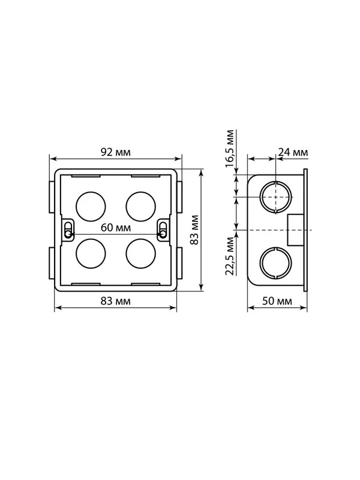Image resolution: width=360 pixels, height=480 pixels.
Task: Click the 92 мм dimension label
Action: click(x=116, y=152)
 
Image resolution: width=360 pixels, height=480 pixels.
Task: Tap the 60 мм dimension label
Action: click(x=116, y=228)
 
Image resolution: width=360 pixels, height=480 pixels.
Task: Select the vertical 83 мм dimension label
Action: click(x=194, y=230)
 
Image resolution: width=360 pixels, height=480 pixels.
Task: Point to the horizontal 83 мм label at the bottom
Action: click(x=116, y=301)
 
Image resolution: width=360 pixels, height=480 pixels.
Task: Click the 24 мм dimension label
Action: click(x=293, y=152)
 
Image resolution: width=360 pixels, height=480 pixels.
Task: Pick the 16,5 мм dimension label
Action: click(x=230, y=148)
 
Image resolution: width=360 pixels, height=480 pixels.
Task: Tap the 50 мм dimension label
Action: click(x=277, y=301)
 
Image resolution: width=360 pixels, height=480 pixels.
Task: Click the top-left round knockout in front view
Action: click(x=91, y=206)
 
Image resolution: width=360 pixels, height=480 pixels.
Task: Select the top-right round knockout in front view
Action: click(x=141, y=206)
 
